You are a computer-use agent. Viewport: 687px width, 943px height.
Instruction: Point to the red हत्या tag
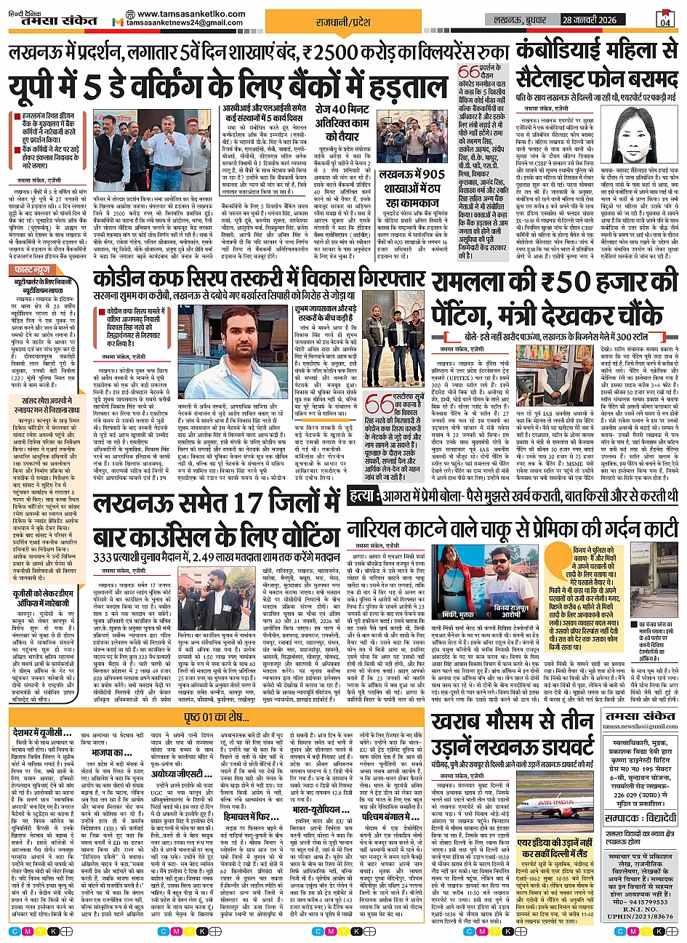[361, 497]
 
